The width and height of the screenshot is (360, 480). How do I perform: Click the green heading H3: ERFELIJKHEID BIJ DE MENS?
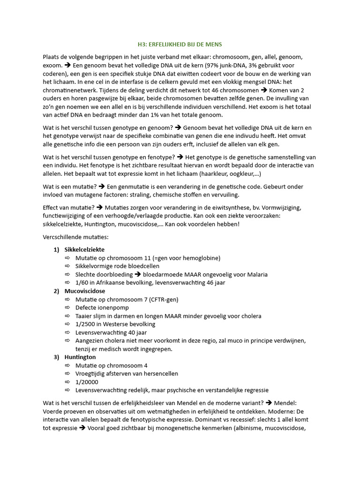(180, 45)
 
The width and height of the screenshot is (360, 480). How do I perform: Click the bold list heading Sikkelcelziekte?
(84, 249)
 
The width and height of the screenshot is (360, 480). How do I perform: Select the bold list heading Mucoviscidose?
(84, 291)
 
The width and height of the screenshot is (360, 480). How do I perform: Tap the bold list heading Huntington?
(80, 357)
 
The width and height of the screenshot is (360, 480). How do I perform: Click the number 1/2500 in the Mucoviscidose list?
(84, 324)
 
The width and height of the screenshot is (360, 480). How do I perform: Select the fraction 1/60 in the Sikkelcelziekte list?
(82, 283)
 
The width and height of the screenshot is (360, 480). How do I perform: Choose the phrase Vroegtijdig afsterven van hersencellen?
(127, 374)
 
